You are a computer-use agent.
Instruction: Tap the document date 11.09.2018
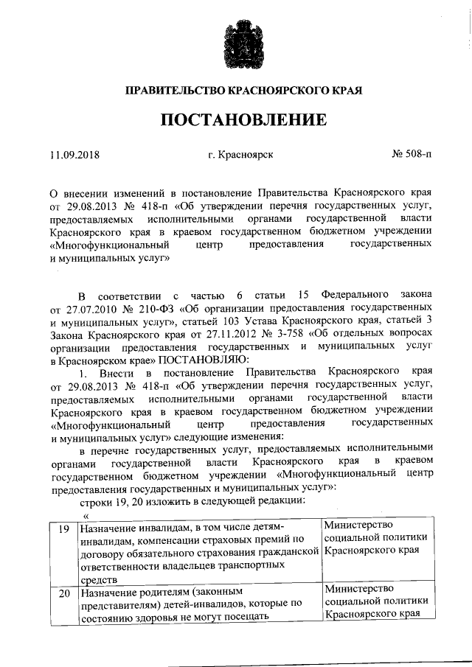[74, 156]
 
